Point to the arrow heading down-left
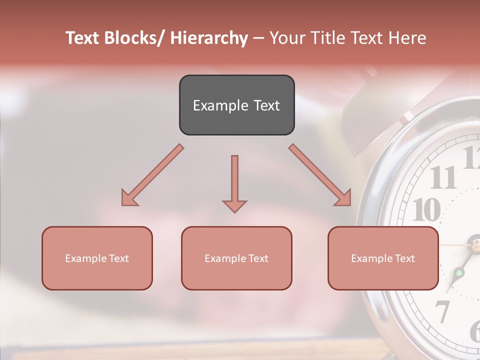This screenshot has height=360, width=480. pos(152,175)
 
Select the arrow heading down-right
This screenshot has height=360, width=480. pos(320,175)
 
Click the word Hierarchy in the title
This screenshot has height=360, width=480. pos(209,38)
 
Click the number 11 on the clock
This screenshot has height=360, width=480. pos(442,177)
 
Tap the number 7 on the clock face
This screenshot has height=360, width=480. pos(442,311)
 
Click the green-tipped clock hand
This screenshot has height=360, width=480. pos(459,272)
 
